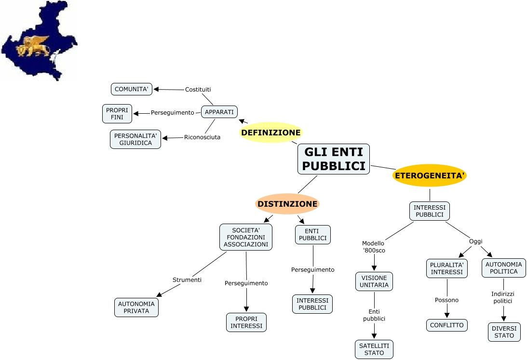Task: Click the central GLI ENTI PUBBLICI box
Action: coord(334,159)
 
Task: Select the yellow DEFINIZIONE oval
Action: coord(271,133)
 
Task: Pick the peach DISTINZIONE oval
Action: coord(287,204)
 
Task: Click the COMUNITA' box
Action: coord(132,89)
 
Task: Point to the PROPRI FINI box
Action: coord(117,114)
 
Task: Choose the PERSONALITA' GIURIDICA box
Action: coord(135,139)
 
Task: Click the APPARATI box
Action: coord(219,112)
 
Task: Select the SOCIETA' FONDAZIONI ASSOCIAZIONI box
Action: coord(246,237)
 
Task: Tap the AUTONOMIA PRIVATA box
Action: coord(136,307)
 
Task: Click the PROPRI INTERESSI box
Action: coord(246,322)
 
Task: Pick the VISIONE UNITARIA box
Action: coord(374,281)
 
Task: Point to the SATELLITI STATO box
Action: coord(374,349)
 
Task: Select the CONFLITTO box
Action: coord(447,325)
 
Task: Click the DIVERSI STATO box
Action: coord(504,332)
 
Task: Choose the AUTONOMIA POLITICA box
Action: coord(504,268)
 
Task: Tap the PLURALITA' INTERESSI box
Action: coord(447,268)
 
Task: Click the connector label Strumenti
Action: coord(187,280)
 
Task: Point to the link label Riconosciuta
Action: coord(202,137)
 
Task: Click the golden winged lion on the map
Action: coord(33,46)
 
